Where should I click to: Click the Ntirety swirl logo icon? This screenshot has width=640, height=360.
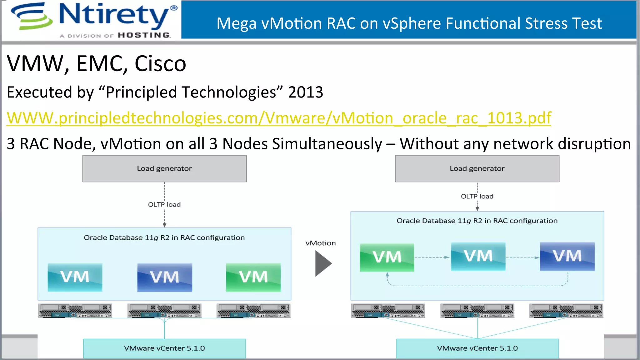[31, 16]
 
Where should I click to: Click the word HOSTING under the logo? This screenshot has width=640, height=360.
[144, 35]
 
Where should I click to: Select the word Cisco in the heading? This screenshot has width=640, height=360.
[160, 64]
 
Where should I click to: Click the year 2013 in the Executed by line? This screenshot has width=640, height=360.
[305, 92]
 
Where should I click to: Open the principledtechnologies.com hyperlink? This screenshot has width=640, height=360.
[279, 118]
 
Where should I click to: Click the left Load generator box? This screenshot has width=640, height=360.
[164, 169]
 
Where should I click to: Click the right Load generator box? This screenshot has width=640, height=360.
[477, 169]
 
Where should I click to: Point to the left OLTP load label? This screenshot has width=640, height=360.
[164, 205]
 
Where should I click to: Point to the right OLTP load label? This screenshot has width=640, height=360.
[477, 197]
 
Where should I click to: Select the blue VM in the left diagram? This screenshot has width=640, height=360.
[165, 277]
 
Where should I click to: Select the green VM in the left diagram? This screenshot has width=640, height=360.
[253, 277]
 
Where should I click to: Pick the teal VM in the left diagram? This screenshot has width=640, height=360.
[75, 277]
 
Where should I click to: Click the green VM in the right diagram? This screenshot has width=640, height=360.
[387, 257]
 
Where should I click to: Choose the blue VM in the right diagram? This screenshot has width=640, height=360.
[567, 257]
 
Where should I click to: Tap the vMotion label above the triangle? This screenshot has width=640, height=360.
[321, 243]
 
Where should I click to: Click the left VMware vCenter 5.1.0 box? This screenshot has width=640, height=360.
[164, 348]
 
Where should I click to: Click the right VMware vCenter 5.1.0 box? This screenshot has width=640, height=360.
[477, 348]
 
